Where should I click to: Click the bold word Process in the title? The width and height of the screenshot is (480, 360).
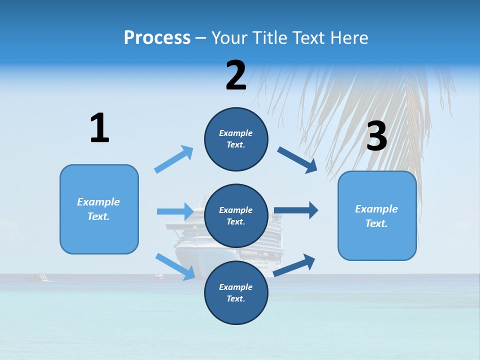157,38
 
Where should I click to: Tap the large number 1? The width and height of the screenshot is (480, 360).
99,128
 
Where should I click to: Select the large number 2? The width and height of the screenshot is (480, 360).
236,75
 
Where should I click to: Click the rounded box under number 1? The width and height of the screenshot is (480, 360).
99,209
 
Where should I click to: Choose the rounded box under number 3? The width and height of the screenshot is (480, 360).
377,216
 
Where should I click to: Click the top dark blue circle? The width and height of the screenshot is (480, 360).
236,139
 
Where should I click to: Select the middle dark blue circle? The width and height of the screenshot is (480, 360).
236,216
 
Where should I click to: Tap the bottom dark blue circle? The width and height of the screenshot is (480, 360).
236,293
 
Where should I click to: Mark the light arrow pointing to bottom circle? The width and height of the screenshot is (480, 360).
175,266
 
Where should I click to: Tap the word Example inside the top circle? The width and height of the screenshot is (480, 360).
236,133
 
